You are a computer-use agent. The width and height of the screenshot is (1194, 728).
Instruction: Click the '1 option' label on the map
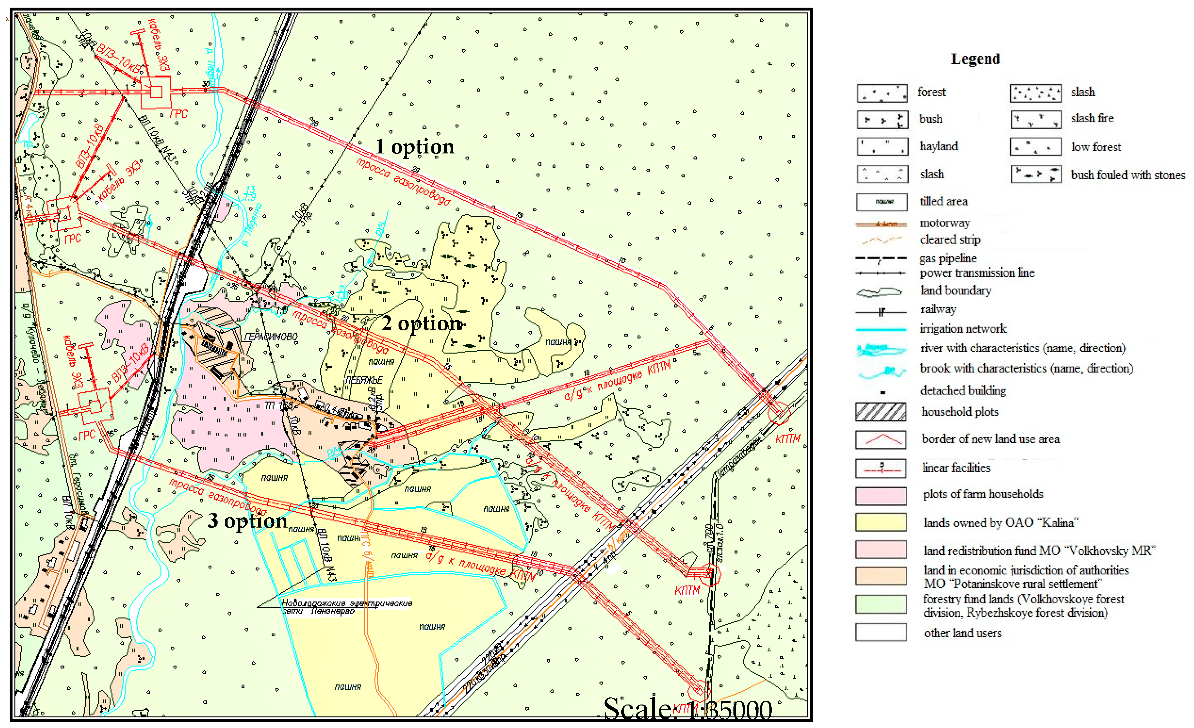415,146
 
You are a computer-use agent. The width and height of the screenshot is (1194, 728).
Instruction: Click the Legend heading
975,59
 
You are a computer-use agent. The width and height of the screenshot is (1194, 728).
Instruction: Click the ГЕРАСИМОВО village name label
271,336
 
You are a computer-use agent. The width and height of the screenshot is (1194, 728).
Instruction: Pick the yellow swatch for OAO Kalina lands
881,522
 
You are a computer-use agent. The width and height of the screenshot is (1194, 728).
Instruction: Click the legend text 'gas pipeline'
948,258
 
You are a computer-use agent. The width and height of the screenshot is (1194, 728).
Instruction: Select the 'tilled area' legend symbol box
882,202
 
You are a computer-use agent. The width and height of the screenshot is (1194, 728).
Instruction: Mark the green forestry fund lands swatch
881,604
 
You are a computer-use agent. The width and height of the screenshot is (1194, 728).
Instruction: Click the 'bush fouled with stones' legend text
1127,175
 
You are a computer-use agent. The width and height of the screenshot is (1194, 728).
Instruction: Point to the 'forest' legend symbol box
882,93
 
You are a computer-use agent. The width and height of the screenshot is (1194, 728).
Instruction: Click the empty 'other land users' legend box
881,632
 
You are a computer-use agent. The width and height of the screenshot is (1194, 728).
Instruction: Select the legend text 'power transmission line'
976,272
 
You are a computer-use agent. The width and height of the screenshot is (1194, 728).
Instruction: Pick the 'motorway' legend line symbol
881,224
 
